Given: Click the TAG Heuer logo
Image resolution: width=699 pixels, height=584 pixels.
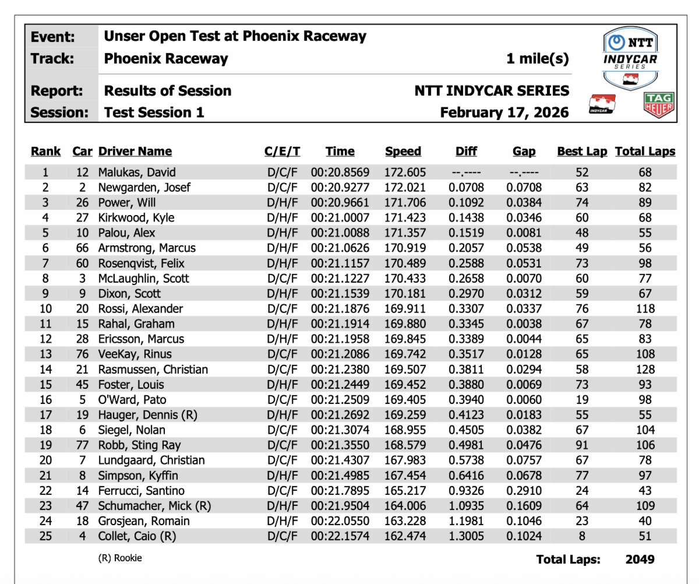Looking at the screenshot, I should [x=659, y=106].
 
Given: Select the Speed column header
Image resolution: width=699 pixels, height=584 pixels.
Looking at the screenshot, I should [x=403, y=152].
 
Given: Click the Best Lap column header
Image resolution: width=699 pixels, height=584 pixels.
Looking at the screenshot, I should [x=581, y=152].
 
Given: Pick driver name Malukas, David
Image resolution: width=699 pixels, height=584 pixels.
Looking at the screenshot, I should [x=137, y=173].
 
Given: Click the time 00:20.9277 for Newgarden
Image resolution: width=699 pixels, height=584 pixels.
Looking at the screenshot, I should [x=340, y=188].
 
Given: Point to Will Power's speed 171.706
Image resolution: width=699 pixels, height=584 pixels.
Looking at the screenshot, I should [x=405, y=203].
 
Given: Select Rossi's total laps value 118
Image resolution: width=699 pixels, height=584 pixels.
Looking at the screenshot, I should [x=645, y=309].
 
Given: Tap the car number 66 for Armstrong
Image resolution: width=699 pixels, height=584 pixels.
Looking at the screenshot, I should [x=82, y=248].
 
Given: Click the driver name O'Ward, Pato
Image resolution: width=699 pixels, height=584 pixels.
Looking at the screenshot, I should [x=132, y=400].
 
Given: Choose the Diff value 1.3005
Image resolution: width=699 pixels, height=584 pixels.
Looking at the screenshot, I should [x=466, y=536].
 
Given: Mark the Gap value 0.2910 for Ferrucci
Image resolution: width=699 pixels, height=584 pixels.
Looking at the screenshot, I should [x=524, y=491].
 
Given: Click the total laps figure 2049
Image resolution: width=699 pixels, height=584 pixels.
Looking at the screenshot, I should [x=640, y=560].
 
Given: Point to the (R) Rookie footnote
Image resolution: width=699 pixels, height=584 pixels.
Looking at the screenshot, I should [x=120, y=558].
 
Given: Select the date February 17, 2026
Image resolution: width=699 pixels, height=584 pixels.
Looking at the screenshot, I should [x=504, y=112].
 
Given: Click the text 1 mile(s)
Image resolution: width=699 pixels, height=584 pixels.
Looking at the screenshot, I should [x=537, y=59].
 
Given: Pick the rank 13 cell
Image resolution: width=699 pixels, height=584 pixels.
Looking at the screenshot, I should [x=45, y=354].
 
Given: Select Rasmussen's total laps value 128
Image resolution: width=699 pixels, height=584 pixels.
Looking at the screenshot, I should [x=645, y=370].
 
